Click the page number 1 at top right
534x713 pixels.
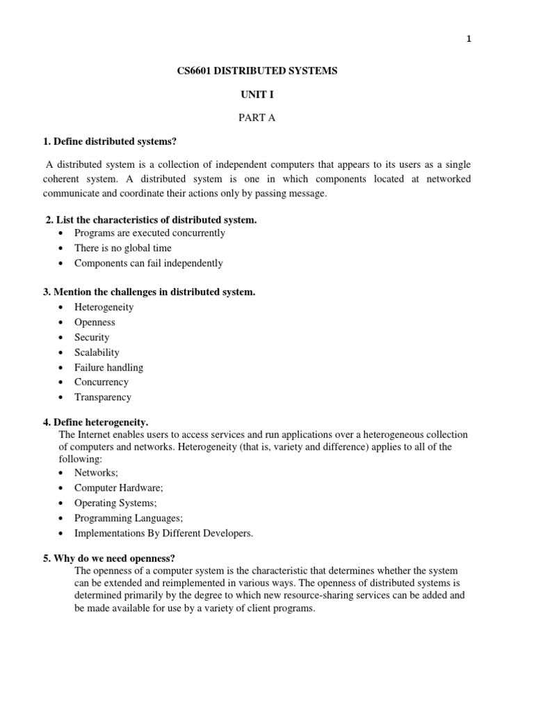click(469, 40)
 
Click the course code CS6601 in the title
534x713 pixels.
click(196, 72)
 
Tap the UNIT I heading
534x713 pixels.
click(257, 95)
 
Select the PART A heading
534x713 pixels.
click(257, 118)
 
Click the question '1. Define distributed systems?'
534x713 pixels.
click(110, 142)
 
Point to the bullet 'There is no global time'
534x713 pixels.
click(123, 248)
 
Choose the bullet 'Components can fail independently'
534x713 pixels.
click(149, 263)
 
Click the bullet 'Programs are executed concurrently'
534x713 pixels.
click(149, 233)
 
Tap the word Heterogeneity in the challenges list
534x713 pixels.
click(104, 307)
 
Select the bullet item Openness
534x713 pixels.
click(95, 322)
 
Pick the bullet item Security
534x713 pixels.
click(92, 337)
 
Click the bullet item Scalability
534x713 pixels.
click(97, 352)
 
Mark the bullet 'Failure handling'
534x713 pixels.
click(109, 367)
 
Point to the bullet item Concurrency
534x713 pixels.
click(102, 382)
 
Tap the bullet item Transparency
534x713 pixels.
click(103, 398)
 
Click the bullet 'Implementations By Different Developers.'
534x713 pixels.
click(164, 533)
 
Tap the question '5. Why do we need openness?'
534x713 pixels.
click(110, 558)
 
